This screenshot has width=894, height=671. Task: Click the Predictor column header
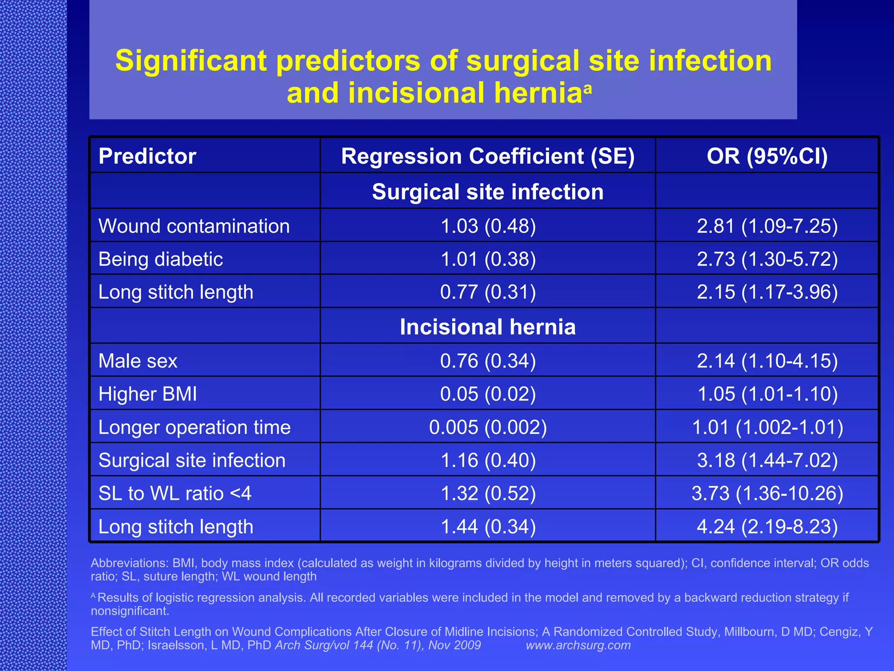[147, 156]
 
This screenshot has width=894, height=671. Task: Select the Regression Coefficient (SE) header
[488, 156]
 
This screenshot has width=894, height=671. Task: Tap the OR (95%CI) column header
[767, 156]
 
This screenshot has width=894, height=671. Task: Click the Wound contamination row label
[194, 226]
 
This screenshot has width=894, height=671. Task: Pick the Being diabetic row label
[161, 259]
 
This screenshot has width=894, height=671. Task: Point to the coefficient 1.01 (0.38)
[488, 259]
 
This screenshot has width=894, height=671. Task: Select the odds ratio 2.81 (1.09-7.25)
[767, 226]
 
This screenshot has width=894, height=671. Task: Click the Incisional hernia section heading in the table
[488, 327]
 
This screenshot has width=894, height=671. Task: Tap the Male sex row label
[138, 361]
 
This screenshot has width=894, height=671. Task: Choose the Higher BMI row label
[148, 394]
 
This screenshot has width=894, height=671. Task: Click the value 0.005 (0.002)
[488, 427]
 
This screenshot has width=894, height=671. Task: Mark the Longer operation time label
[194, 427]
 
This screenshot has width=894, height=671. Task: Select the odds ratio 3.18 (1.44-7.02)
[767, 460]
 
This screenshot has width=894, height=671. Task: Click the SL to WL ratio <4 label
[175, 494]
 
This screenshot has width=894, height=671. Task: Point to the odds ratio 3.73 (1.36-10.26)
[767, 494]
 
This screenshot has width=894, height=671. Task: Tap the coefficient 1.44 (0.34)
[488, 527]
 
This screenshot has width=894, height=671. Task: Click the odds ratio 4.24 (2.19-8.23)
[767, 527]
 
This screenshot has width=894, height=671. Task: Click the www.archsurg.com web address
[578, 645]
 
